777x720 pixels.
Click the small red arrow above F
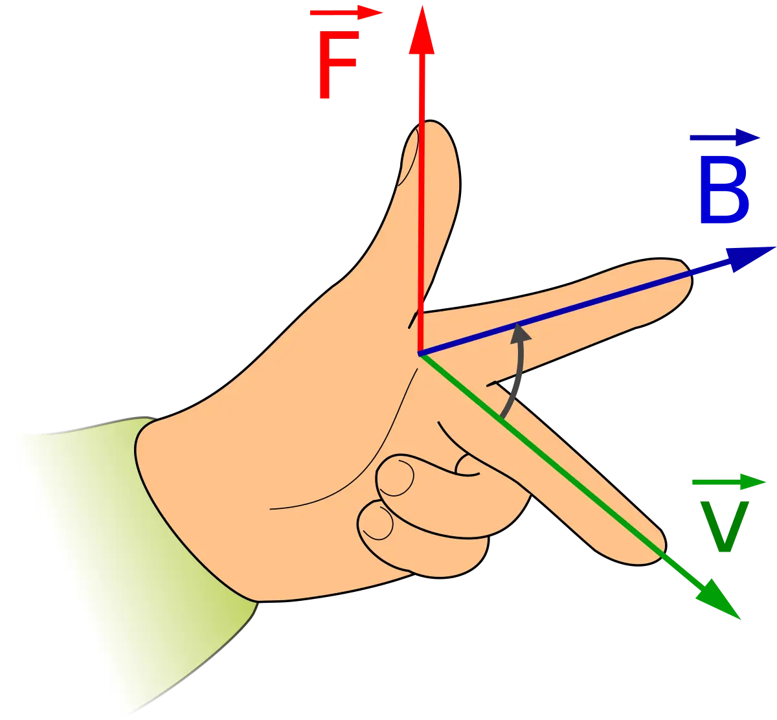pos(346,13)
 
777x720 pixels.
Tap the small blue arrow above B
pos(724,138)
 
